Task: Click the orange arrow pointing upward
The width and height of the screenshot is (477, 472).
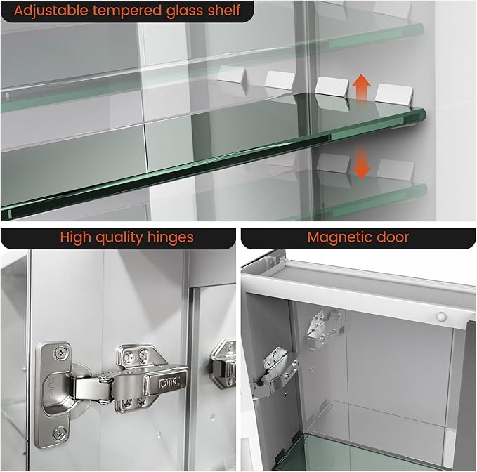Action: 362,89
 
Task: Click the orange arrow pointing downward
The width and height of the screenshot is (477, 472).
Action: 362,162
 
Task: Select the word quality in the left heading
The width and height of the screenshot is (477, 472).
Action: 110,237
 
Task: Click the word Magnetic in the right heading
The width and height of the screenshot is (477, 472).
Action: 339,237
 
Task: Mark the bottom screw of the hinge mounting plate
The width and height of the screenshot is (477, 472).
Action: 61,434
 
